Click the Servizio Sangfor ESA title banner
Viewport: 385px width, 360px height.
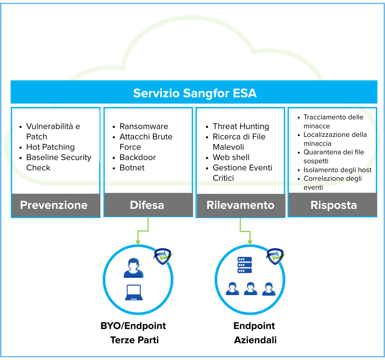coord(194,93)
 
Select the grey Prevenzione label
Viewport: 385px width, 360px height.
coord(54,205)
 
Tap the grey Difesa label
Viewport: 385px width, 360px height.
coord(147,205)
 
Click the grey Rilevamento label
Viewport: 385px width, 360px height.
coord(240,205)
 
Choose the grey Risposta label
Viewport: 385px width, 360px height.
coord(333,205)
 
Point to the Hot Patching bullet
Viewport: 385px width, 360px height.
coord(50,147)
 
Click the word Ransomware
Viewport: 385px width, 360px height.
coord(144,126)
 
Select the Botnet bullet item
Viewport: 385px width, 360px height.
coord(132,168)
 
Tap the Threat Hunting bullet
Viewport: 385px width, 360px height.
coord(241,126)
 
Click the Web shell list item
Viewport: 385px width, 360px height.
coord(231,157)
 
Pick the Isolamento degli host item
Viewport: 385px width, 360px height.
coord(337,170)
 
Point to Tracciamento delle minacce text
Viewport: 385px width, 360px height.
coord(333,121)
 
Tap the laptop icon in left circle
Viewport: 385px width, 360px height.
coord(134,292)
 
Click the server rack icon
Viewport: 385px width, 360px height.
coord(245,265)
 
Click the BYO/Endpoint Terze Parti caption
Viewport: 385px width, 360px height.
coord(134,333)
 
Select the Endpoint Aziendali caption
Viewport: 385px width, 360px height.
coord(255,333)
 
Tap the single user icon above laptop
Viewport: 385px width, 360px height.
coord(134,268)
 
